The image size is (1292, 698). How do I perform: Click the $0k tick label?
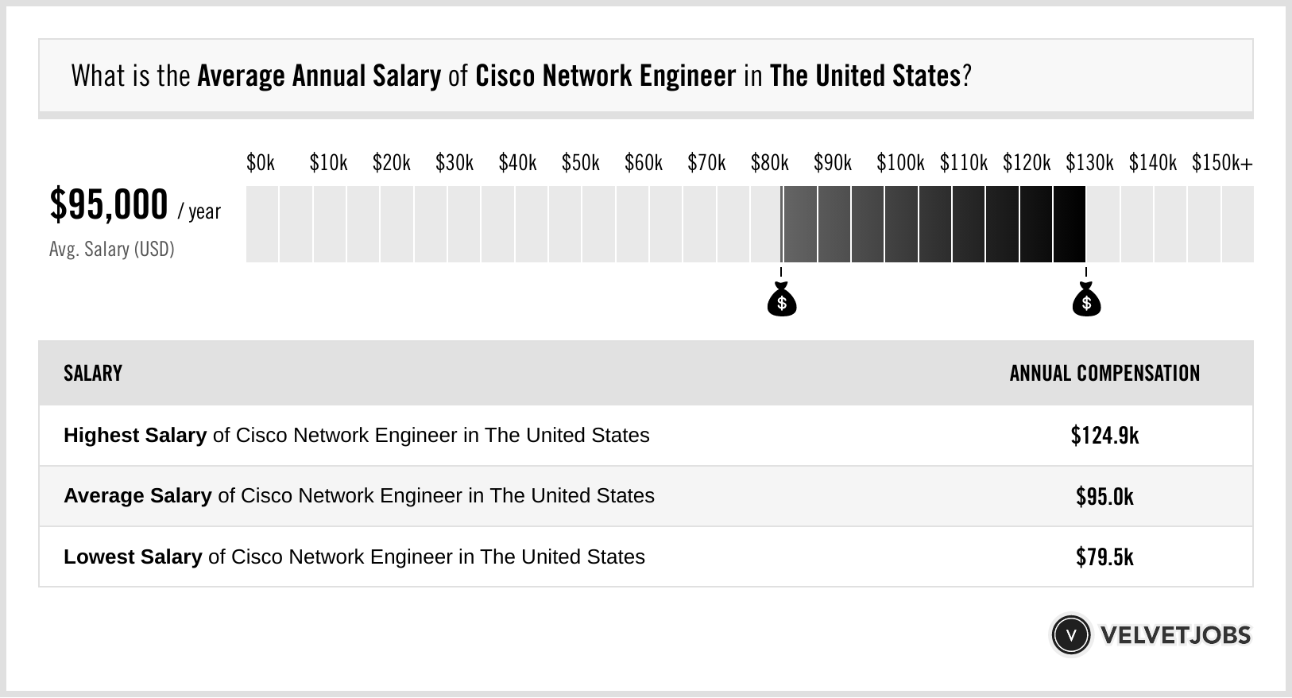261,163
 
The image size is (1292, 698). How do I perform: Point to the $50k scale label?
580,163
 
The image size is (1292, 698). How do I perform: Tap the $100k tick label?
900,163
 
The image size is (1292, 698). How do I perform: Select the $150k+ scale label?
1222,163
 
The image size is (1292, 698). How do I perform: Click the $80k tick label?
769,163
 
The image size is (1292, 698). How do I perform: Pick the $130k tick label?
1089,163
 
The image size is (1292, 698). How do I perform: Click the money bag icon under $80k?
782,300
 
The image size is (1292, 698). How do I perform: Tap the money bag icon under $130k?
1086,300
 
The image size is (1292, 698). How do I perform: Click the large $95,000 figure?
109,205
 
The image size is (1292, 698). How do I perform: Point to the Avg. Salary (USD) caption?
111,250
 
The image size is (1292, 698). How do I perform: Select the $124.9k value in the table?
1104,436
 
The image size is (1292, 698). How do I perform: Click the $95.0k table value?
1104,496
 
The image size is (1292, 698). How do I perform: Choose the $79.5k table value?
1104,556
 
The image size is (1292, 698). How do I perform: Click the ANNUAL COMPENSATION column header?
1104,374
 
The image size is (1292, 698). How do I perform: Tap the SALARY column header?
93,374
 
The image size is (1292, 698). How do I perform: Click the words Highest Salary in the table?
135,436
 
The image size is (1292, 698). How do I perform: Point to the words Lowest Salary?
133,556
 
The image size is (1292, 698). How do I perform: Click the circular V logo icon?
1070,635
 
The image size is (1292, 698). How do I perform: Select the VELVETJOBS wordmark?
1175,635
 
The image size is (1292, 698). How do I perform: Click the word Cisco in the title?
505,76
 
